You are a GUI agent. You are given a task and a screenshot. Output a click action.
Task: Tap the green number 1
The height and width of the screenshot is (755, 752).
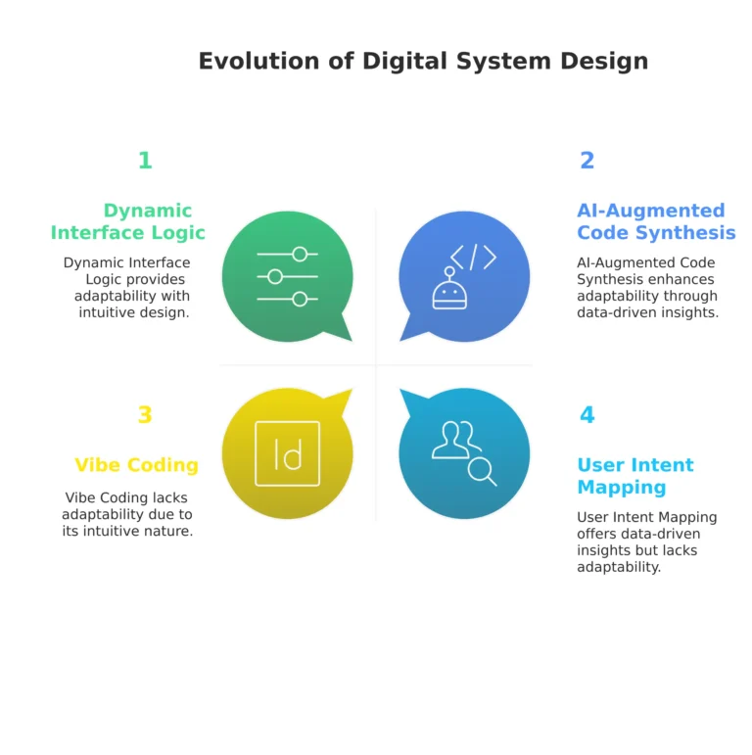point(145,161)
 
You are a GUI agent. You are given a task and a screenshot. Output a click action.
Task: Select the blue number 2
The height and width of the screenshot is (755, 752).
point(587,161)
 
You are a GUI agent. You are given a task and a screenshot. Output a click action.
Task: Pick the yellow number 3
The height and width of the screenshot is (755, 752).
point(145,415)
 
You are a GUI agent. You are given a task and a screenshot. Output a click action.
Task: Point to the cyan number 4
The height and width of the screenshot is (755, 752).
point(587,415)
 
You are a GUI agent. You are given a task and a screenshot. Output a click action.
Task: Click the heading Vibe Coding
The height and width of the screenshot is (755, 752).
point(136,465)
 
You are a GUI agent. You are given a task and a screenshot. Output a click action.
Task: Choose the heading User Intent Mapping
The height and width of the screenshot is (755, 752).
point(634,476)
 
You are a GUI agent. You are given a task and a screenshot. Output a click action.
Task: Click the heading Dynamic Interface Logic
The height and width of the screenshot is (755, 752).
point(128,221)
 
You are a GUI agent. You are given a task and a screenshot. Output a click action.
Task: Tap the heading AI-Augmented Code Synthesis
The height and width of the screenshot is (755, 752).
point(655,221)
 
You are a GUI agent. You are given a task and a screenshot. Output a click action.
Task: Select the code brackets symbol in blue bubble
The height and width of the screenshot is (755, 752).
point(473,257)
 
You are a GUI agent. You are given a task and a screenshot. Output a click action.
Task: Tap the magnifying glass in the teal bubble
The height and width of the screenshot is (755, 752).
point(482,472)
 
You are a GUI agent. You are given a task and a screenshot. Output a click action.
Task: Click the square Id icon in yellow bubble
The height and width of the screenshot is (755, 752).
point(287,453)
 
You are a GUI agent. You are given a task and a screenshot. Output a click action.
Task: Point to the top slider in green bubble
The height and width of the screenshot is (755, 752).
point(287,255)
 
